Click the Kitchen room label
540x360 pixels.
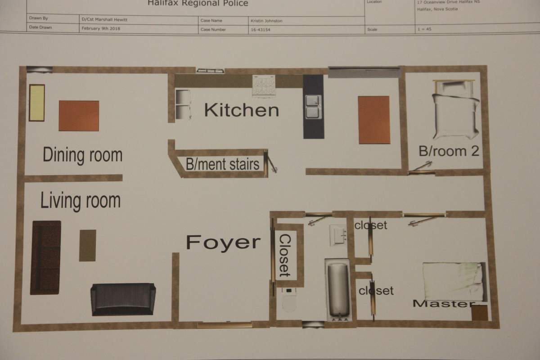[x=242, y=110]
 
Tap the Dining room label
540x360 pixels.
[x=82, y=155]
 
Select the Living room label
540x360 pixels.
[x=81, y=200]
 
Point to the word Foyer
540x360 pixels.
[x=223, y=243]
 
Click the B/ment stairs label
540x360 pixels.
[x=223, y=164]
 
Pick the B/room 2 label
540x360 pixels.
[x=449, y=151]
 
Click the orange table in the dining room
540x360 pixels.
[x=79, y=116]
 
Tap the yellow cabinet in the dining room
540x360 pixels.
[x=37, y=103]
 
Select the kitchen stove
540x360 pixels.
[x=264, y=85]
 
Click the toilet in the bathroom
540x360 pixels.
[x=288, y=300]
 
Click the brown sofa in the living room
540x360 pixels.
[x=45, y=257]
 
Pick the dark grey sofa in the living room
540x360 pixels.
[x=123, y=299]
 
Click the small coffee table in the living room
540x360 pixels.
[x=87, y=245]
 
